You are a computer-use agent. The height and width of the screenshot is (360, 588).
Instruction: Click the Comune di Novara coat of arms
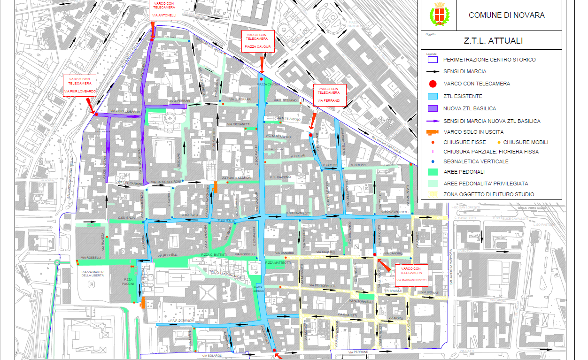point(440,15)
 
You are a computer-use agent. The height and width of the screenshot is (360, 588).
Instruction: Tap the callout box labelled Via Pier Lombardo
point(80,85)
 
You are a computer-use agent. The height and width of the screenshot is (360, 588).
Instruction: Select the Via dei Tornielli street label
point(325,285)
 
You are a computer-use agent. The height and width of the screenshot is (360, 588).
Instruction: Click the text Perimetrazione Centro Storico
point(489,60)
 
